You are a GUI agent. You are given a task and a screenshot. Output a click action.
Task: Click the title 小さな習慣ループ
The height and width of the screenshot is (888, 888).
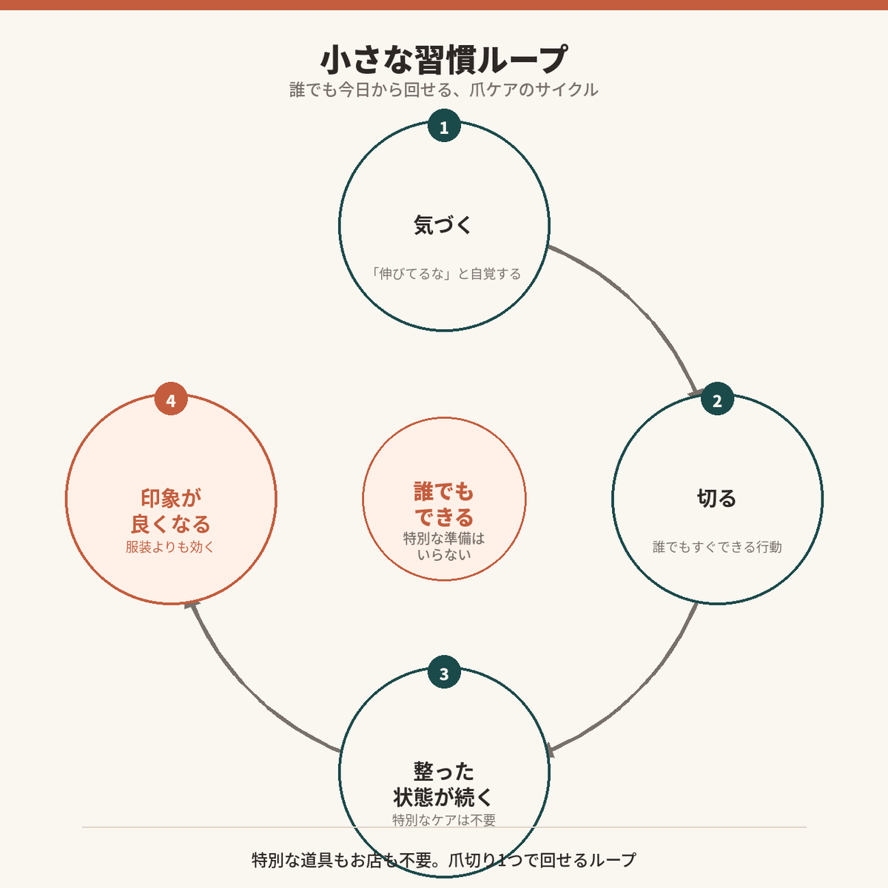(444, 59)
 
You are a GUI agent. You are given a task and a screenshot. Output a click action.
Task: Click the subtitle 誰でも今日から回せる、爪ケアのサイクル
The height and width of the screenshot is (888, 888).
(444, 90)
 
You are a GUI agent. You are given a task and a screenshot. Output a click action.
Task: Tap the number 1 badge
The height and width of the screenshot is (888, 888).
(444, 126)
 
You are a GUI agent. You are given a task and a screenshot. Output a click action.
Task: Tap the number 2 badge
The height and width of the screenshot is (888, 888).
(718, 399)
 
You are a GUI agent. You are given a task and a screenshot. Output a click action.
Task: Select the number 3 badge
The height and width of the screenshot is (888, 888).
(444, 673)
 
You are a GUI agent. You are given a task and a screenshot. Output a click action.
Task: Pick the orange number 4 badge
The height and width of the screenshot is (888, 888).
(171, 399)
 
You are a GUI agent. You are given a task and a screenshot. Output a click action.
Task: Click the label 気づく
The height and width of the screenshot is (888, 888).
(443, 225)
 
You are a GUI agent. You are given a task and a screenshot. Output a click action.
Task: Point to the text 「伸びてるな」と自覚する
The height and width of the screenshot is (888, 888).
(445, 274)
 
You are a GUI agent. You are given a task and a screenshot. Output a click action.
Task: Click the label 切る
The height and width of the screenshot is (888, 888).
(716, 498)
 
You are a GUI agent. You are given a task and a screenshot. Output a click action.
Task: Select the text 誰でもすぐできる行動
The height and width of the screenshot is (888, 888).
(717, 547)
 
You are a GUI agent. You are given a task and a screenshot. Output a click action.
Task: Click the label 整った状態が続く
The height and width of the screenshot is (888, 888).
(443, 784)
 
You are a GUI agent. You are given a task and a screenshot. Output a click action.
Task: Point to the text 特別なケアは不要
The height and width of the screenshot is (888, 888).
(444, 820)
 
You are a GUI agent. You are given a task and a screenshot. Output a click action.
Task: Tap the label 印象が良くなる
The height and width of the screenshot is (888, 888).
(171, 511)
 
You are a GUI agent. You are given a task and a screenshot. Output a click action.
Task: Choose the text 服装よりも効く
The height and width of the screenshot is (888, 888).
(170, 547)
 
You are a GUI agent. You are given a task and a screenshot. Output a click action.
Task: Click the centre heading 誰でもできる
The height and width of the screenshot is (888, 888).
(444, 504)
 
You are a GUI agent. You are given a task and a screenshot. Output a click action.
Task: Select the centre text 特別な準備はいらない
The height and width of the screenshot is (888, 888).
(444, 546)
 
